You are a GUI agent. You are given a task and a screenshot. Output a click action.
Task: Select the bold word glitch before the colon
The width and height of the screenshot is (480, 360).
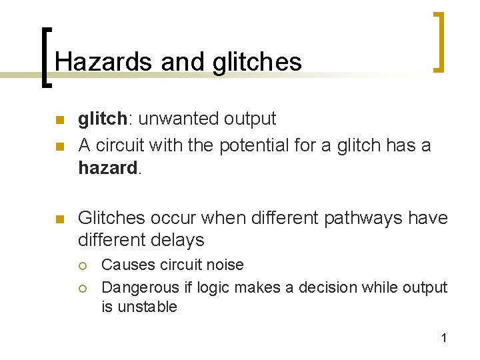[102, 119]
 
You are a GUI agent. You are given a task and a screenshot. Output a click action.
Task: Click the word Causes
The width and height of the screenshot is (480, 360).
[127, 265]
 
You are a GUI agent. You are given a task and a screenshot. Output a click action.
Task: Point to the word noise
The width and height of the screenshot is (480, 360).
[226, 265]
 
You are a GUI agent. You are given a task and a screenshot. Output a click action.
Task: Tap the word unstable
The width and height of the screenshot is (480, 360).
[149, 307]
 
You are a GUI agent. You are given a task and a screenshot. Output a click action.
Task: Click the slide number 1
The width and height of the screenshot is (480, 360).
[443, 338]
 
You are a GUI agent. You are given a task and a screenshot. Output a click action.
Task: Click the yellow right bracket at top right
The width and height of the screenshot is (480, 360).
[438, 41]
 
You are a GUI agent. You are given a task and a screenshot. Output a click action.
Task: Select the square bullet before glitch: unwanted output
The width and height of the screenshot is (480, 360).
[58, 120]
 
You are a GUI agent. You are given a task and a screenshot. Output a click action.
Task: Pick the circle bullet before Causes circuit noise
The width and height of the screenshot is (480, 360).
[82, 265]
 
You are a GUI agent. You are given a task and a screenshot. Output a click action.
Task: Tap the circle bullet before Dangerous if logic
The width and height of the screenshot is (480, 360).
[82, 288]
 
